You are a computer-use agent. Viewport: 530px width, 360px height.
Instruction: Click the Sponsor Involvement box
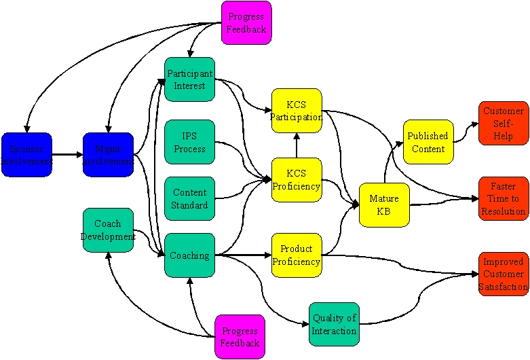coord(27,155)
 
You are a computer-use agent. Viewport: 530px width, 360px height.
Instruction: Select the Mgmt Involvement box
coord(109,155)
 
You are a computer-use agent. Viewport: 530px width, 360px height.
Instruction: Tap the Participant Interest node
coord(189,79)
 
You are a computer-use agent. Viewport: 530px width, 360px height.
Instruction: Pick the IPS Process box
coord(189,142)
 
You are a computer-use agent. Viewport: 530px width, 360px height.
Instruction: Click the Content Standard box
coord(189,198)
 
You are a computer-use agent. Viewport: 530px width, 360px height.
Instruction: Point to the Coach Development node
coord(108,230)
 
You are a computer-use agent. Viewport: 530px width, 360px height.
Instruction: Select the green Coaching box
coord(189,255)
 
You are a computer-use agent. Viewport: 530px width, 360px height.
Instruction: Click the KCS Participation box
coord(296,111)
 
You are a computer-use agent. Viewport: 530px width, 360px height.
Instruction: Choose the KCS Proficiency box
coord(296,180)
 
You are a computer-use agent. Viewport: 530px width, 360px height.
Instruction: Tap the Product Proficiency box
coord(296,255)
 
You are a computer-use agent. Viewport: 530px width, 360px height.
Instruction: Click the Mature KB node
coord(384,204)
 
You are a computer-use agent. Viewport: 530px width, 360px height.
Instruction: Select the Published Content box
coord(428,142)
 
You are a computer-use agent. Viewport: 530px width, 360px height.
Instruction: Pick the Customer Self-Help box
coord(503,123)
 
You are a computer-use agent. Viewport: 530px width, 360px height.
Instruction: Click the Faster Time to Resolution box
coord(503,198)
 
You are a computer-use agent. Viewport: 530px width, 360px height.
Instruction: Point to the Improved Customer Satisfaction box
coord(503,274)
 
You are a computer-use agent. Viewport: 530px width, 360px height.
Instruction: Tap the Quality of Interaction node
coord(334,324)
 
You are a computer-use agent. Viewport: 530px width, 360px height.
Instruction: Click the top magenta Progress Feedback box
coord(246,23)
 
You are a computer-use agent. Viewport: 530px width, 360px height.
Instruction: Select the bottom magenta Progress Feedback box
coord(240,337)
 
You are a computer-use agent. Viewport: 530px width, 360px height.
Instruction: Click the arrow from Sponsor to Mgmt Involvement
coord(67,155)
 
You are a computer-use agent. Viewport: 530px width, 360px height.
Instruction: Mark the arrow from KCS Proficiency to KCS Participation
coord(296,145)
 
